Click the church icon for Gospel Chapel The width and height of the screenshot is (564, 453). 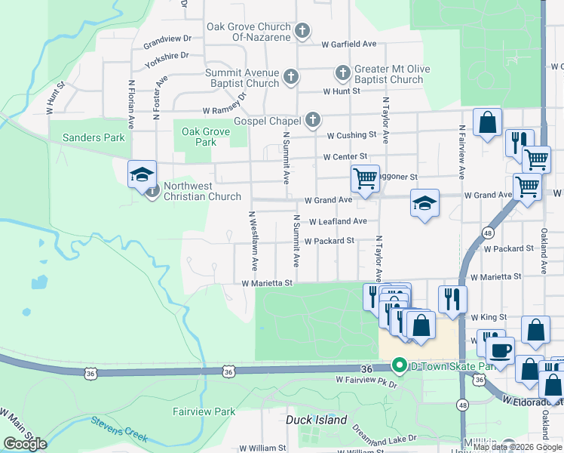coord(312,121)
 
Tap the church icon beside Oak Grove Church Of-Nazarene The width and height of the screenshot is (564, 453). coord(302,31)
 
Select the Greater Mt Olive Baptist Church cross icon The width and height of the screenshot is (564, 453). coord(343,73)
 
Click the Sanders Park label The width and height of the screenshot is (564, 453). coord(93,138)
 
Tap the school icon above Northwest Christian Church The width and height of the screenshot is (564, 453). coord(142,175)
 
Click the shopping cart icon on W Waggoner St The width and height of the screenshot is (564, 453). coord(365,179)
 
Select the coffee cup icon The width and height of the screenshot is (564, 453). coord(499,350)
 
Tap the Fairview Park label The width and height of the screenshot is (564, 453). coord(204,411)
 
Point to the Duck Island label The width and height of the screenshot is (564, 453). coord(317,420)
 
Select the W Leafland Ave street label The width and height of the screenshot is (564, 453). coord(338,221)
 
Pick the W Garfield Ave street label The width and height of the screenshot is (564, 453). coord(348,44)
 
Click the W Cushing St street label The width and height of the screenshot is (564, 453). coord(351,135)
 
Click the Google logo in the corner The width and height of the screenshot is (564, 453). coord(25,443)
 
